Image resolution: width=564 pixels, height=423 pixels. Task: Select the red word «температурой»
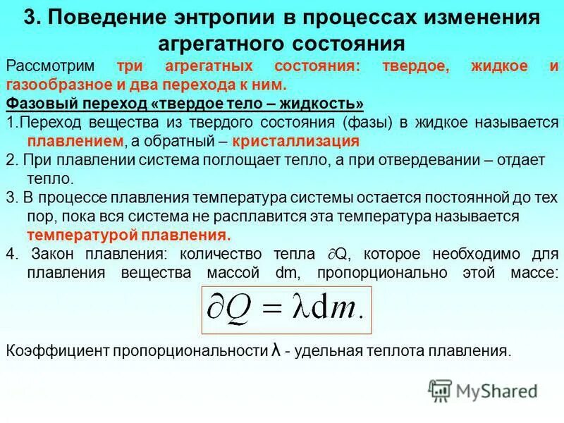77,235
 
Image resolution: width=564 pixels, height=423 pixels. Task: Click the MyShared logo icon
441,391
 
